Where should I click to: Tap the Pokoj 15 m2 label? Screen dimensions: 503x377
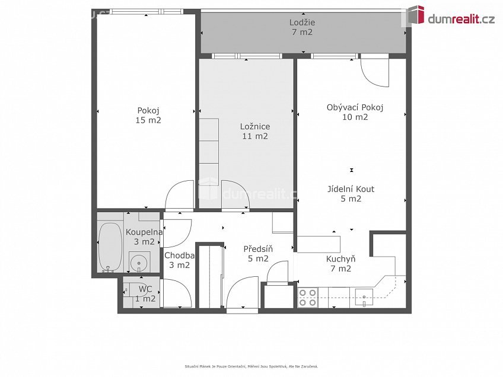pos(148,116)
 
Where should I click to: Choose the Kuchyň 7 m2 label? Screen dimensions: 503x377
pos(340,264)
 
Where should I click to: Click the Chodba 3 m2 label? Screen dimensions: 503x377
pos(179,260)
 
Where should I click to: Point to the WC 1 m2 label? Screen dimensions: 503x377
pos(145,294)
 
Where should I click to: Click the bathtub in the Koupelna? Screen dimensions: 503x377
pos(110,247)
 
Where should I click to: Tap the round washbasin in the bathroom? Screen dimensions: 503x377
pos(139,263)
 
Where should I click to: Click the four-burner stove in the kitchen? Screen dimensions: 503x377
pos(308,298)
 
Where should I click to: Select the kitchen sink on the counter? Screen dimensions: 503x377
pos(364,297)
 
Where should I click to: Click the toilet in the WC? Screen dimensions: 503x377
pos(127,291)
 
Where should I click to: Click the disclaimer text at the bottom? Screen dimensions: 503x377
pos(251,366)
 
